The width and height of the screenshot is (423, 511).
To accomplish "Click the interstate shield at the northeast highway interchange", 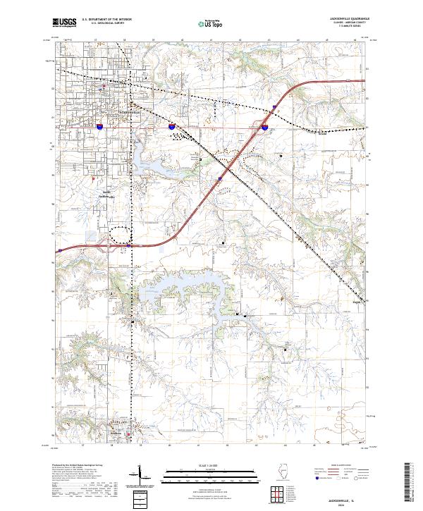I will click(264, 128).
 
